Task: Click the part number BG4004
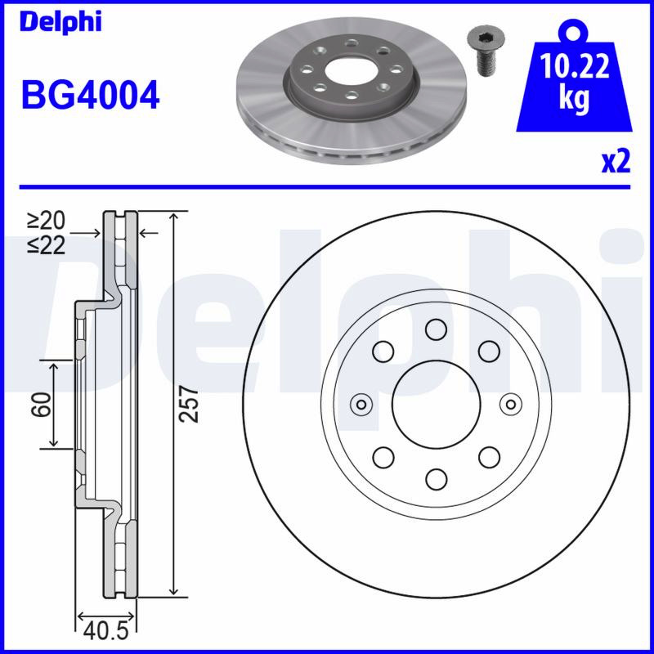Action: click(90, 95)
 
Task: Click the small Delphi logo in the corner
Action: click(60, 22)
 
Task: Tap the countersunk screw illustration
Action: click(486, 52)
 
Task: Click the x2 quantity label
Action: click(616, 162)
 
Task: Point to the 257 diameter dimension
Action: click(188, 404)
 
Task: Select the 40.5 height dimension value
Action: click(105, 631)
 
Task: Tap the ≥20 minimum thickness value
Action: click(47, 221)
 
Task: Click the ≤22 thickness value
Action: click(47, 246)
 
